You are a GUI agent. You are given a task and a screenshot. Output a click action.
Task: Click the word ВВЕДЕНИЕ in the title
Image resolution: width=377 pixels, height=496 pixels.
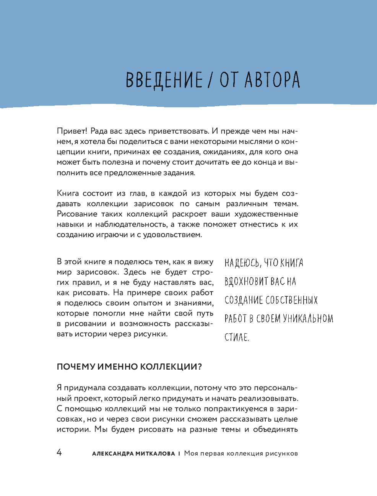164,80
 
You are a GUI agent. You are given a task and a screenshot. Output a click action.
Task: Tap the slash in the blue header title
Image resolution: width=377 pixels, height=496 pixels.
210,80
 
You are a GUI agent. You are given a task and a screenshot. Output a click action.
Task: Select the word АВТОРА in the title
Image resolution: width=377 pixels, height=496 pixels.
272,80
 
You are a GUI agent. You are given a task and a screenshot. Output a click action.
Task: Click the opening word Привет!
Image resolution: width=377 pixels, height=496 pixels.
72,131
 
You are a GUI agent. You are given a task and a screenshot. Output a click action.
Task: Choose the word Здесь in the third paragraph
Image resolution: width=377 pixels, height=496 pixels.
135,272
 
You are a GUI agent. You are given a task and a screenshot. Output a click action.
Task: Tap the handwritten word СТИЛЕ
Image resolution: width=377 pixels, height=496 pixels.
237,337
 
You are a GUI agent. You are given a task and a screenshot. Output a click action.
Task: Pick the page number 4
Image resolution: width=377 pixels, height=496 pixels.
59,452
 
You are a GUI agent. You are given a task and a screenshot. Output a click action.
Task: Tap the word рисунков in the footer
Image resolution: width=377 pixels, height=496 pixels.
281,454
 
